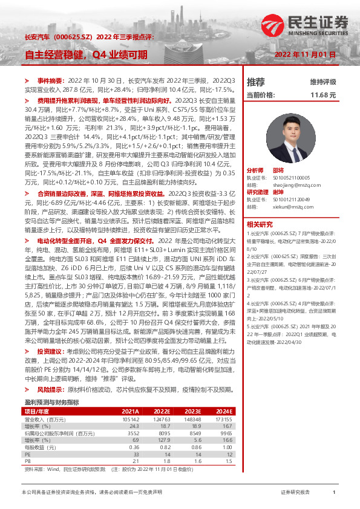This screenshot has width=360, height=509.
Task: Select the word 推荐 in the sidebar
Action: point(256,82)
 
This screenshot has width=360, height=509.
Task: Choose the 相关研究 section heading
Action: point(260,224)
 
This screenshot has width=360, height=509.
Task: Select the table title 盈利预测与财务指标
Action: point(51,401)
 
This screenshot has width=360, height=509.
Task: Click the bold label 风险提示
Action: point(50,390)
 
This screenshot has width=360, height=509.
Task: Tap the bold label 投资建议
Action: point(50,351)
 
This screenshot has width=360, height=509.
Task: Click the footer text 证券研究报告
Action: point(295,493)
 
